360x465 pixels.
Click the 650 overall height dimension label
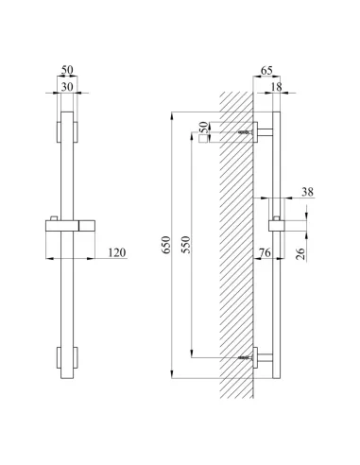click(x=166, y=245)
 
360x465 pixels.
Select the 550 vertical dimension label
click(x=186, y=245)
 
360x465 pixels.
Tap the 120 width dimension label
click(x=117, y=252)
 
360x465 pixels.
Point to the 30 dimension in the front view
click(x=67, y=87)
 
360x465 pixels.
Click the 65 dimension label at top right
click(x=266, y=71)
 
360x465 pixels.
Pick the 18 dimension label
click(x=276, y=87)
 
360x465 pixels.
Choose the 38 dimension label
click(x=308, y=192)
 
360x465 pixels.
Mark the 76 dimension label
click(x=265, y=252)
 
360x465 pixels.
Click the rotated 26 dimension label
click(x=301, y=254)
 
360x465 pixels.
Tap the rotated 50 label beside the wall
click(x=204, y=128)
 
